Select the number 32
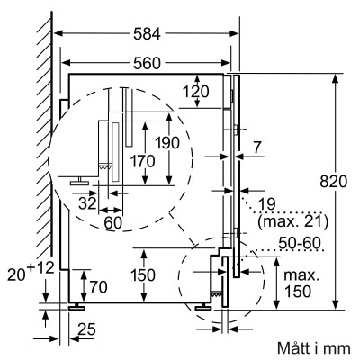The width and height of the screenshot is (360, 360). pos(88,203)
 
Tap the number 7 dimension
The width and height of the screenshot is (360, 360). pos(257,146)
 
